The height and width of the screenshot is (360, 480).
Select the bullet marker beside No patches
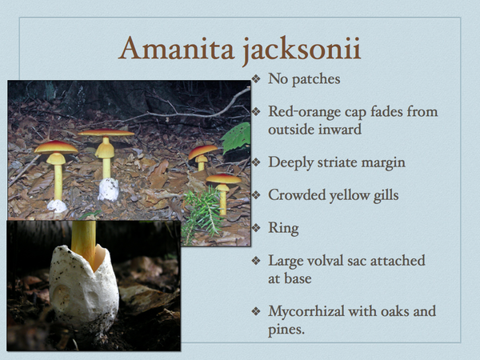[x=255, y=79]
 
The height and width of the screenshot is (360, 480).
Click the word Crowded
[x=298, y=195]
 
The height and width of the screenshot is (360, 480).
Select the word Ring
[x=283, y=228]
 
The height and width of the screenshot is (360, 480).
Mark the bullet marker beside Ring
[x=255, y=228]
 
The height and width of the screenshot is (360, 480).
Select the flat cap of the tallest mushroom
[x=106, y=132]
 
